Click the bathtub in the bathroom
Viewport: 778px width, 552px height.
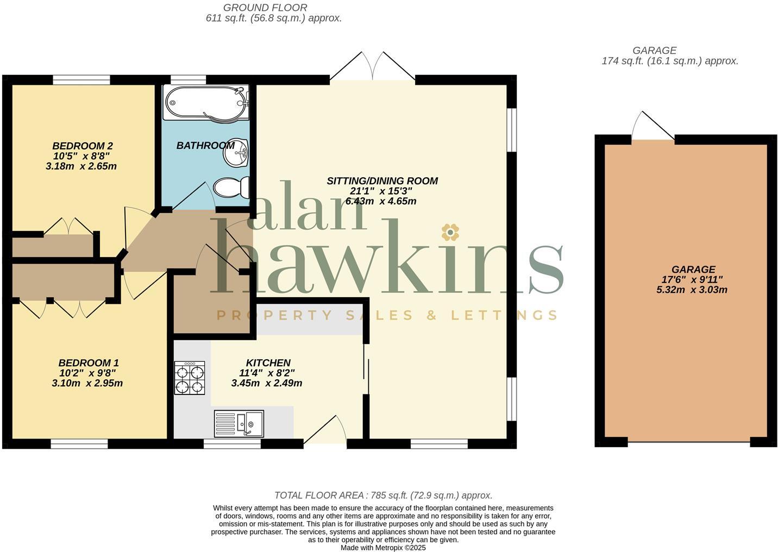coord(206,102)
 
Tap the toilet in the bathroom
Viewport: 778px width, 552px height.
coord(231,188)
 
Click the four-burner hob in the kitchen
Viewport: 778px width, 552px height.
coord(190,378)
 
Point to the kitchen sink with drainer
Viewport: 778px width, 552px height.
coord(239,423)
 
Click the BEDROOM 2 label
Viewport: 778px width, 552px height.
coord(83,146)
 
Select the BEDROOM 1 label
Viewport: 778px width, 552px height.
coord(89,362)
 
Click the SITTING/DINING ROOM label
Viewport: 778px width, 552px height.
coord(382,181)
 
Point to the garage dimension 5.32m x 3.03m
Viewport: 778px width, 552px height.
coord(692,290)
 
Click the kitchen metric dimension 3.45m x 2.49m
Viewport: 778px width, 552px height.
coord(267,383)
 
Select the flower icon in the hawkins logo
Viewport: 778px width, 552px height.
coord(450,233)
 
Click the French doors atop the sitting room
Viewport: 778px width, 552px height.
coord(373,68)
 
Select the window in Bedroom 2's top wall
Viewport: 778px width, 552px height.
coord(81,80)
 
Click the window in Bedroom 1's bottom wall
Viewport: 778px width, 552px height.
coord(79,444)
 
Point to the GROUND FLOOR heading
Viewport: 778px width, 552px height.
coord(265,8)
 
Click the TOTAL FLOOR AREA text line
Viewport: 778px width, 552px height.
coord(383,495)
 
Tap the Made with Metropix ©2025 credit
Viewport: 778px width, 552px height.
coord(383,548)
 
